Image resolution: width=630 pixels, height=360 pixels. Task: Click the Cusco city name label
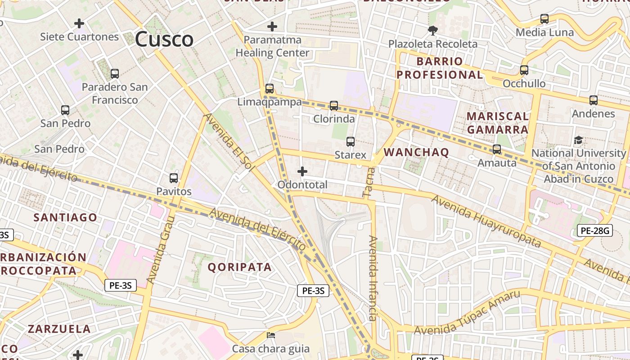click(x=164, y=39)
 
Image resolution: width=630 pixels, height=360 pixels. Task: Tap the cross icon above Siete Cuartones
click(x=79, y=23)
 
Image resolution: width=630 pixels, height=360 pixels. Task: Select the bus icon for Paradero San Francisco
click(x=115, y=73)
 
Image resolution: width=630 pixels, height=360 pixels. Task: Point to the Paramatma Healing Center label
click(x=273, y=46)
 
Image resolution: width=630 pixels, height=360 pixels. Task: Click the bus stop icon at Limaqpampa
click(x=270, y=88)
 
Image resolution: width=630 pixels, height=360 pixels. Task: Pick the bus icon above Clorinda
click(x=333, y=106)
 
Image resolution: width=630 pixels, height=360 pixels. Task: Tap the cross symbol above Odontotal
click(x=302, y=171)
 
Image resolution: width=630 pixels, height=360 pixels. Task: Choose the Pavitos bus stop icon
click(x=174, y=178)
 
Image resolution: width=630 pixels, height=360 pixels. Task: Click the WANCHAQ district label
click(x=416, y=152)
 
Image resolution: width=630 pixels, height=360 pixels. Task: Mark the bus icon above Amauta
click(x=497, y=149)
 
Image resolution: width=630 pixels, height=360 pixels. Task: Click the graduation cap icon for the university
click(x=579, y=140)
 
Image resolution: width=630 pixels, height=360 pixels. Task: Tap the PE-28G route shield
click(x=595, y=231)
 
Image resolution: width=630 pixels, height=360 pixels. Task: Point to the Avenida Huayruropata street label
click(x=486, y=221)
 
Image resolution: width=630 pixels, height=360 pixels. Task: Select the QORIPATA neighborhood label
click(x=239, y=267)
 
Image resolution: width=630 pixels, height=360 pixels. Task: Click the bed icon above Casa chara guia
click(x=271, y=335)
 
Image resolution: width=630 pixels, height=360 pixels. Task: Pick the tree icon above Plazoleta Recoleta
click(x=433, y=31)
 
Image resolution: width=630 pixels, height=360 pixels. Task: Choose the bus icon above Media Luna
click(x=544, y=19)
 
